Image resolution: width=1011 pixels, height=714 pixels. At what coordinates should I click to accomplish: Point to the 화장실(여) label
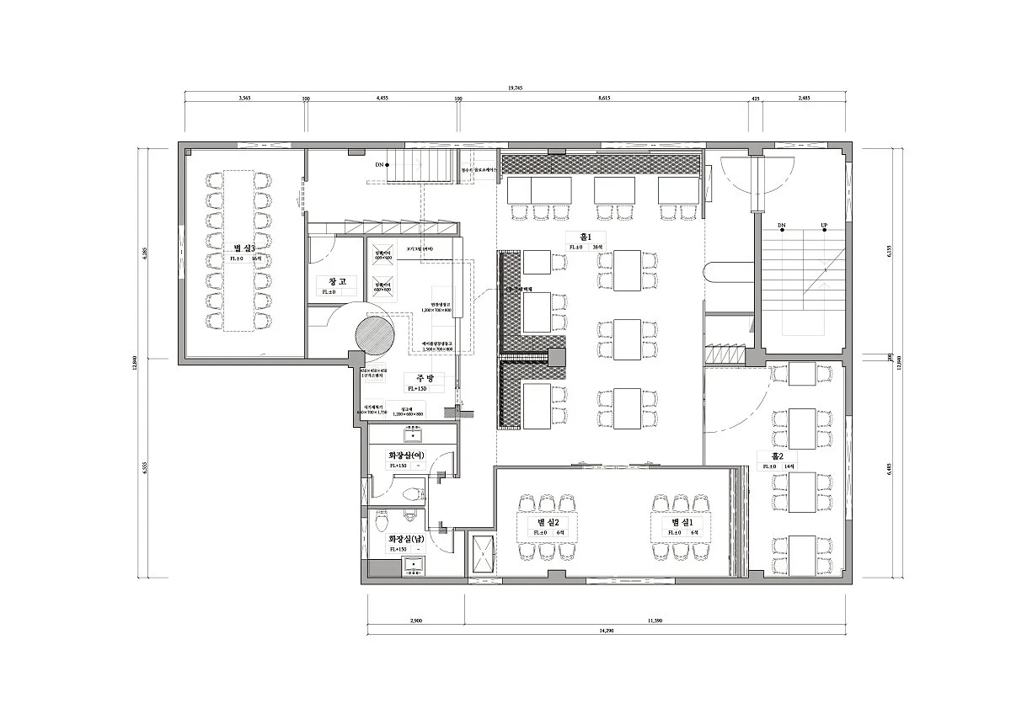tap(406, 456)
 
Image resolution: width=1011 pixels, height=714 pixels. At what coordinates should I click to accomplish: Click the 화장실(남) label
tap(406, 539)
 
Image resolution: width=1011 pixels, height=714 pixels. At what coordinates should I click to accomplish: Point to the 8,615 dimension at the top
tap(603, 99)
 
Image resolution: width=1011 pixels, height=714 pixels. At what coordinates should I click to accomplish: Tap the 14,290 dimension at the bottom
tap(606, 631)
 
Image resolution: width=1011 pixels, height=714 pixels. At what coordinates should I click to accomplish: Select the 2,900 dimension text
tap(416, 621)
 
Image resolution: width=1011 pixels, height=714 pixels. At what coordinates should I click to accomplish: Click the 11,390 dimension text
tap(655, 621)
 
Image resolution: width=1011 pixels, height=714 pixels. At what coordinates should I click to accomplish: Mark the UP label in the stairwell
tap(823, 226)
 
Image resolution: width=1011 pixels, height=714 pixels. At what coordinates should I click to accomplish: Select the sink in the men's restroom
tap(413, 565)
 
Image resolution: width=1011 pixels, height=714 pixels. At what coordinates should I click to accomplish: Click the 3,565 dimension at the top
tap(244, 99)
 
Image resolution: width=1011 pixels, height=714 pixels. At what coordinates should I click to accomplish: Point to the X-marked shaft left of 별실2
tap(484, 554)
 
